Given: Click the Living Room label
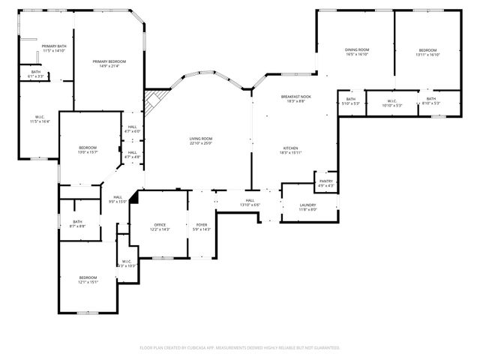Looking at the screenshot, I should (200, 139).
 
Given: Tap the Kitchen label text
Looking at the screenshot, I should (291, 148).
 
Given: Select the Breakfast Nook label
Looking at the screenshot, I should (296, 97).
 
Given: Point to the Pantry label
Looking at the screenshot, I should (325, 181).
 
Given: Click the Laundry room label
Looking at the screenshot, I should (307, 205).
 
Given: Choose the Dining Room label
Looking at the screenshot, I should (357, 49).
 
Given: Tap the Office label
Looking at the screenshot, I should (159, 225).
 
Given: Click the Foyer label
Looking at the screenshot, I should (202, 225).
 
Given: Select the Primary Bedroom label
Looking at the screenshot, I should (109, 61).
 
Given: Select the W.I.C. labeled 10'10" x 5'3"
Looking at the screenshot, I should (392, 103).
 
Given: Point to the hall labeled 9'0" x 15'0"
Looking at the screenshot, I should (118, 201).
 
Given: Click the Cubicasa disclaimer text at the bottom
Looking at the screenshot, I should (240, 348).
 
